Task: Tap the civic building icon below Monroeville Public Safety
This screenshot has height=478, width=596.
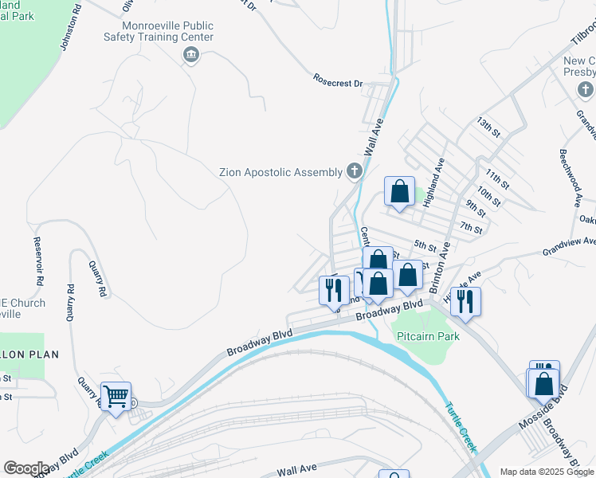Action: [190, 54]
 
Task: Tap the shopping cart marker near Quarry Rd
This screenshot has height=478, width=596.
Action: [116, 396]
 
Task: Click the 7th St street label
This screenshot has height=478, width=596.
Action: [472, 229]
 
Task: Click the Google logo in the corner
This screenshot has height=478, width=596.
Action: [26, 468]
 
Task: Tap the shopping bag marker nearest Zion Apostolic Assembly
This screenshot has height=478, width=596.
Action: [399, 192]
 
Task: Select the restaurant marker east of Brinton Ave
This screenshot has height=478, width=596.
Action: [466, 302]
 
